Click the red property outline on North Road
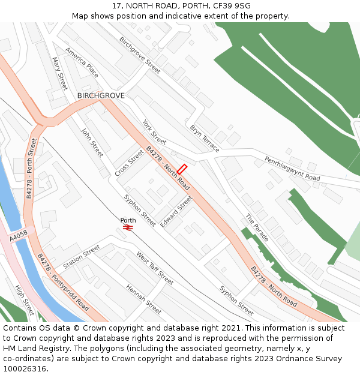coord(182,170)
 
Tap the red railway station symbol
coord(128,227)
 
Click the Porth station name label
coord(128,220)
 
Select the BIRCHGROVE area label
coord(101,95)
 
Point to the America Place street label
coord(82,62)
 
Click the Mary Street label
coord(60,74)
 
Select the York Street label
coord(154,132)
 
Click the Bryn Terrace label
coord(205,138)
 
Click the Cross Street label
coord(129,163)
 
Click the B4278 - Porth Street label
coord(32,169)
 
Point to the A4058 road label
coord(18,236)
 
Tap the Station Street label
coord(81,257)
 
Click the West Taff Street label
coord(155,268)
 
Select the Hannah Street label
coord(143,299)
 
